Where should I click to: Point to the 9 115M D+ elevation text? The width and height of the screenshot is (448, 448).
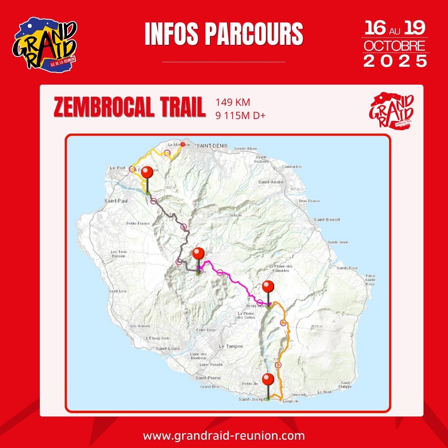point(240,115)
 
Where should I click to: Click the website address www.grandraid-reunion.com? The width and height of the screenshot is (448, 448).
point(224,436)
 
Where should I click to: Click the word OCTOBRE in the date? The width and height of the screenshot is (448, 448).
point(394,46)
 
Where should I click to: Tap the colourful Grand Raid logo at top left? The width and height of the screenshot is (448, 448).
point(45,43)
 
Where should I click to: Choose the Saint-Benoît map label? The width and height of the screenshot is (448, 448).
point(326,219)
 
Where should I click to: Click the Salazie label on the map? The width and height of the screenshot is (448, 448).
point(235,216)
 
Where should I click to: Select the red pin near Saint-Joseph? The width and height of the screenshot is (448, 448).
point(268,380)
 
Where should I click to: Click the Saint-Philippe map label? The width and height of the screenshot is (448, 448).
point(346,385)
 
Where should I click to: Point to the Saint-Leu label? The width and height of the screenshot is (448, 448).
point(117,291)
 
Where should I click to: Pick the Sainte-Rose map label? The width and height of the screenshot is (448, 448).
point(347,268)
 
